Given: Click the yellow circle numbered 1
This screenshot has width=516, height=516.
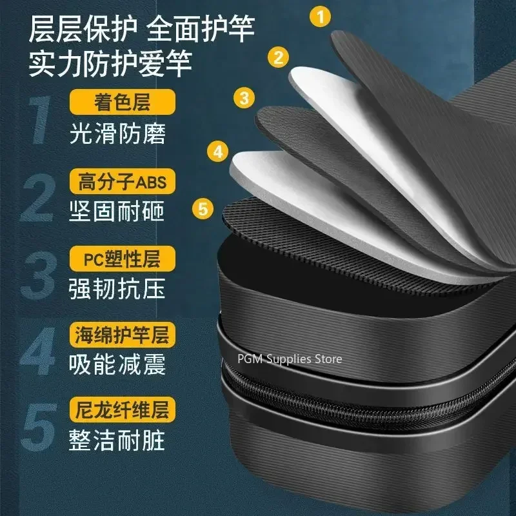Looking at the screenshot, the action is coord(321,16).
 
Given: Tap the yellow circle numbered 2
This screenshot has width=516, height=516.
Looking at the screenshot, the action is coord(278,57).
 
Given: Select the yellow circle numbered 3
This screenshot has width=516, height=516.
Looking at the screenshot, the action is coord(244,98).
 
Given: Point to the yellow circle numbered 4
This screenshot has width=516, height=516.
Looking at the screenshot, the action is coord(218,152).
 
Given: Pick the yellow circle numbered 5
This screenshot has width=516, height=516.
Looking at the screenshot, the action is coord(203,209).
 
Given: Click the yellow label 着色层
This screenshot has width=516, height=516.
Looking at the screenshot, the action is coord(122,102).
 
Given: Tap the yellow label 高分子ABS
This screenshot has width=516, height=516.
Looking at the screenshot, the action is coord(122,181).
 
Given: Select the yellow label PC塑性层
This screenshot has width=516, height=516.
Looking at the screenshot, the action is coord(122,259).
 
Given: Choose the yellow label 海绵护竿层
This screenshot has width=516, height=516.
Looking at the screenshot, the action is coord(122,335).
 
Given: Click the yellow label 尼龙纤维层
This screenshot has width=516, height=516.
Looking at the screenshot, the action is coord(122,410).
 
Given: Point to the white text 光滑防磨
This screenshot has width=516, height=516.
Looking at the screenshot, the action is coord(117,134).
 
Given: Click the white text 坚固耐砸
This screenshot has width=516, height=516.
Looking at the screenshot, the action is coord(117,212).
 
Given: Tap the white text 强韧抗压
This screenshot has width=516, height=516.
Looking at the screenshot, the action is coord(117,289).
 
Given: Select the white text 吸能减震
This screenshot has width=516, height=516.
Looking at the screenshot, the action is coord(117,364).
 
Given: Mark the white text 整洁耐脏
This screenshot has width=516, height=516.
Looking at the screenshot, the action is coord(117,440).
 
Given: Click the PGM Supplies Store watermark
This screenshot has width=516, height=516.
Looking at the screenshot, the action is coord(290,359).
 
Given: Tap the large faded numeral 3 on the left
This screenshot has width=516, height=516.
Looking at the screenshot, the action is coord(38,276).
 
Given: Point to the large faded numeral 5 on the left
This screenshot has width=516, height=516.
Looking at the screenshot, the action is coord(39,427).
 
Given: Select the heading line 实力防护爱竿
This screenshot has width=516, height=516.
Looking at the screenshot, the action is coord(110,63).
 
